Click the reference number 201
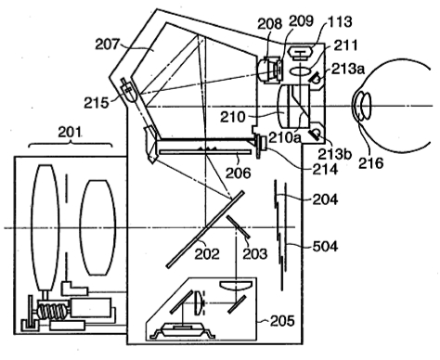71,132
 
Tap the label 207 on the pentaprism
107,45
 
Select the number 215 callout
97,103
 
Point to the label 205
282,321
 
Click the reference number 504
325,246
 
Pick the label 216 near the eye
370,162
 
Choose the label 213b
335,154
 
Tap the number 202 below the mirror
207,254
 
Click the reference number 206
238,173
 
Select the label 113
340,21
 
